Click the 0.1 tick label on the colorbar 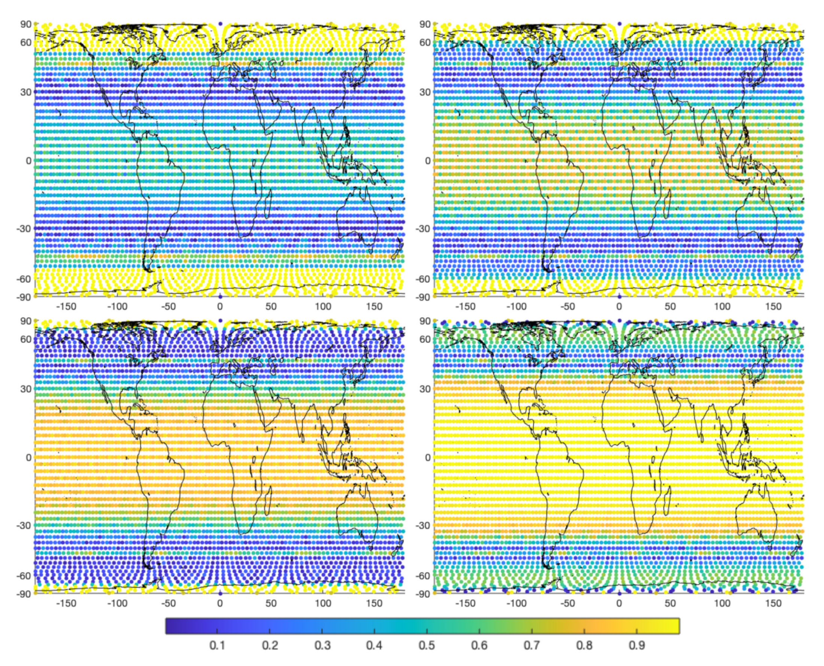[217, 645]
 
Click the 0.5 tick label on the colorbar [427, 645]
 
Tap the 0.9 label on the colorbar [637, 645]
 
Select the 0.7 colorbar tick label [532, 645]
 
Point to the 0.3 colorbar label [322, 645]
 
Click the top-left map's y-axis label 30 [26, 92]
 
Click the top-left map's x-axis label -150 [66, 307]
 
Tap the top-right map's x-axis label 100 [722, 307]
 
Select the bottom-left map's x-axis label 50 [271, 603]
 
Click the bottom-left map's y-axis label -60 [24, 575]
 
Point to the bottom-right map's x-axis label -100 [516, 603]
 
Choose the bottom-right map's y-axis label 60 [425, 339]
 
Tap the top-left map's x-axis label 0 [220, 307]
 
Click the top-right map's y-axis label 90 [425, 24]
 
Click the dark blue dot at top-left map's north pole [220, 24]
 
